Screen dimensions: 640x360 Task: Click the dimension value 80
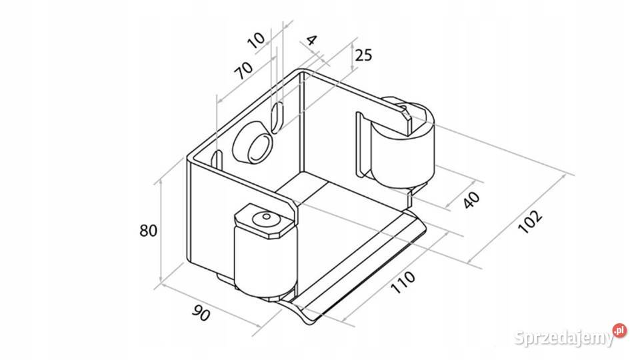(148, 231)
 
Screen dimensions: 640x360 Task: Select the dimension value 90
(201, 313)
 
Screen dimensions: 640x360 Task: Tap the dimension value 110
(403, 281)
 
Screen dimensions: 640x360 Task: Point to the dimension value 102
(530, 221)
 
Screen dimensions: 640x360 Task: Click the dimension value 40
(471, 199)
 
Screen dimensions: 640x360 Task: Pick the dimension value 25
(363, 55)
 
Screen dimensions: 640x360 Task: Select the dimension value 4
(311, 40)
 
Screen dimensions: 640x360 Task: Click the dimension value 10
(256, 40)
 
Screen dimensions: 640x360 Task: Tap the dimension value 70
(244, 70)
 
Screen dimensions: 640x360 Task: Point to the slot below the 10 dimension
(277, 117)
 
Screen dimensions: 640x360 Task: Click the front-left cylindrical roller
(265, 261)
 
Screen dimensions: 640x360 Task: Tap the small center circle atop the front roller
(267, 216)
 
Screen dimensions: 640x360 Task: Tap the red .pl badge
(619, 330)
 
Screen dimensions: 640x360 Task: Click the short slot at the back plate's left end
(217, 161)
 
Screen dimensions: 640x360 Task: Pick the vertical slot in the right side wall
(359, 145)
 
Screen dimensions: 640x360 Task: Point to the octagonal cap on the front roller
(265, 221)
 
